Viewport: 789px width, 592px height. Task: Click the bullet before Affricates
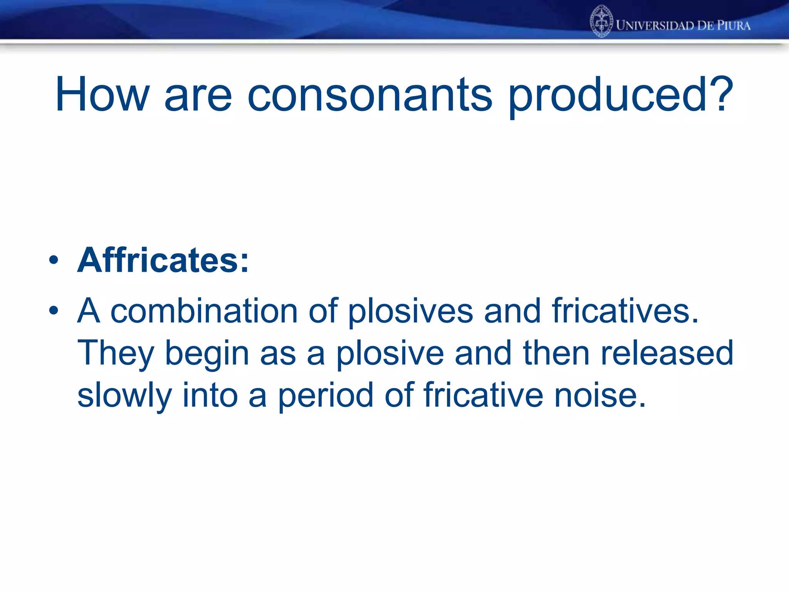[54, 260]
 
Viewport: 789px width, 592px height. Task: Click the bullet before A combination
[54, 310]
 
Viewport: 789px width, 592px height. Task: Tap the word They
[116, 354]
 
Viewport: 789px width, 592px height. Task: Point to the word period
[326, 396]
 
